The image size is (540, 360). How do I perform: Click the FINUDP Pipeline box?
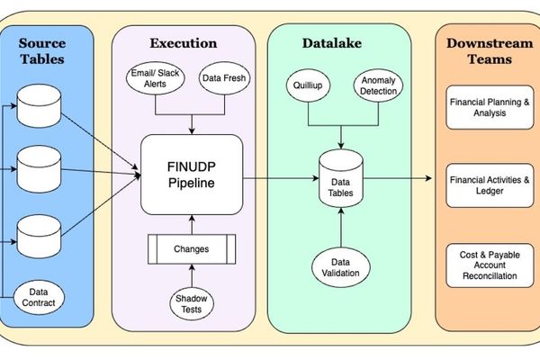(x=191, y=174)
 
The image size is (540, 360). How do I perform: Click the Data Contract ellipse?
(x=42, y=297)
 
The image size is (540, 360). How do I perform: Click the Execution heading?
(x=184, y=42)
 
